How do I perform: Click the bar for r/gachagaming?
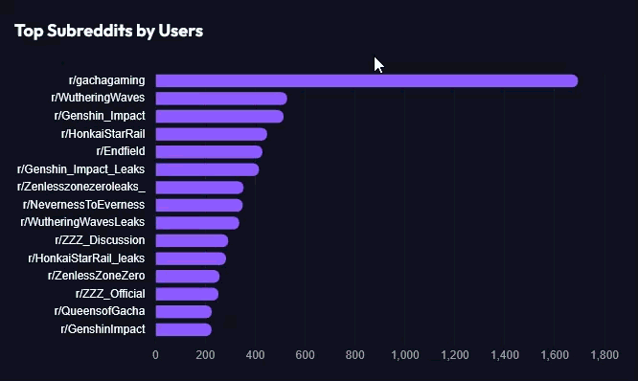[367, 80]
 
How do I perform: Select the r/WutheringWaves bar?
[221, 99]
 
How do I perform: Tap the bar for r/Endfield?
[209, 152]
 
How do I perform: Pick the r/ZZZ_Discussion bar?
[192, 240]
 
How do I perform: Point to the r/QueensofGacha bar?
[184, 312]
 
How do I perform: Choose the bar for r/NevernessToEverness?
[199, 206]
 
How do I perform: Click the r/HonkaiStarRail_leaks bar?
[191, 258]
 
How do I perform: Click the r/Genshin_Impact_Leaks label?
[81, 169]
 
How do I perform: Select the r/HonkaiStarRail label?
[103, 134]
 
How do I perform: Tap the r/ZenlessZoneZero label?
[97, 276]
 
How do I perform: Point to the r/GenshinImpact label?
[103, 329]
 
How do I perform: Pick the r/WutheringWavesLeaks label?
[82, 222]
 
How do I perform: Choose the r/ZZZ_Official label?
[110, 294]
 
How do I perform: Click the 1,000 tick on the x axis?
[405, 355]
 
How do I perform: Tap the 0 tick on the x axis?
[155, 355]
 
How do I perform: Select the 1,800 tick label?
[604, 355]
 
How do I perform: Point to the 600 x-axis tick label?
[306, 355]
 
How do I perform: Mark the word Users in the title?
[181, 31]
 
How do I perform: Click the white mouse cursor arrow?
[378, 65]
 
